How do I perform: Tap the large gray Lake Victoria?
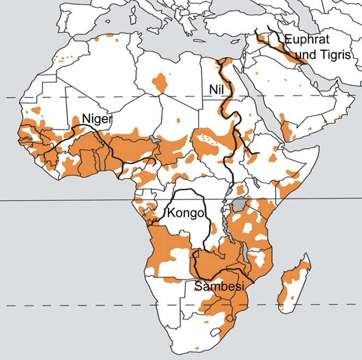coord(239,206)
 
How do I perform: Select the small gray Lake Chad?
coord(157,140)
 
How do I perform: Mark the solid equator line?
coord(82,200)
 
